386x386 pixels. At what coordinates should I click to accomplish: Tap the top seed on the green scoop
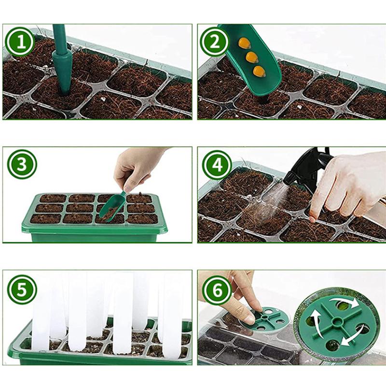(x=244, y=43)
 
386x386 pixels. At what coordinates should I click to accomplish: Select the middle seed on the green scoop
(x=252, y=57)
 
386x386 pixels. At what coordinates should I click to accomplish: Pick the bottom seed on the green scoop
(x=260, y=71)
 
